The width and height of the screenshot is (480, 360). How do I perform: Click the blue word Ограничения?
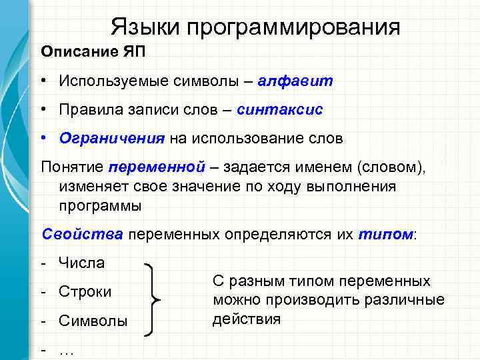click(x=111, y=138)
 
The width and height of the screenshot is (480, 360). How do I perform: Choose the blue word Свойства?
click(x=82, y=234)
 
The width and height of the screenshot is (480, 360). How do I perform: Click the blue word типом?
click(x=385, y=234)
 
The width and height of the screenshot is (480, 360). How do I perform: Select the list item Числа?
click(x=81, y=263)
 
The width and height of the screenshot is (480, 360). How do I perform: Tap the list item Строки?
click(x=85, y=292)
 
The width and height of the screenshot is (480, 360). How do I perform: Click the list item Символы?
click(x=93, y=321)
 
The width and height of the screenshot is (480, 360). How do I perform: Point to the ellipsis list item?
click(x=67, y=350)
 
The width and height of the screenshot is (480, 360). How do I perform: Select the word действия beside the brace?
click(x=246, y=319)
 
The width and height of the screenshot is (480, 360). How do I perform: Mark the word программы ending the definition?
click(x=100, y=205)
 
